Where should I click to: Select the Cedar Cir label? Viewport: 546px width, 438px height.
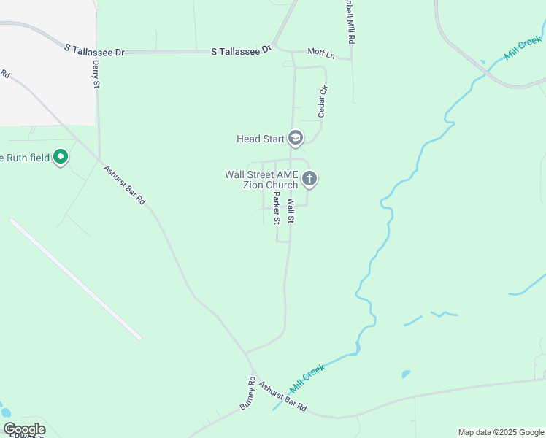(323, 101)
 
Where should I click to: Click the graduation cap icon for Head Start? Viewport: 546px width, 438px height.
(296, 138)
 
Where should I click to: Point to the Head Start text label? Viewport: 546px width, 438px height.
(259, 139)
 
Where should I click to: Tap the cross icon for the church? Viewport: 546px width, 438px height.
(309, 178)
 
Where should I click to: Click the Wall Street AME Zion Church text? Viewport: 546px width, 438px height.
(261, 180)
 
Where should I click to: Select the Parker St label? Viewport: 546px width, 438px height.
(277, 209)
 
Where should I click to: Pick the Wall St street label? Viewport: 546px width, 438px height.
(291, 211)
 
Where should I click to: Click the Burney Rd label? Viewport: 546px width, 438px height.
(247, 392)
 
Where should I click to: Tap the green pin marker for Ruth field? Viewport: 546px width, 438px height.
(61, 157)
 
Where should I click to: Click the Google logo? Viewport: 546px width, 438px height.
(24, 429)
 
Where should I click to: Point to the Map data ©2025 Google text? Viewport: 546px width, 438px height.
(501, 432)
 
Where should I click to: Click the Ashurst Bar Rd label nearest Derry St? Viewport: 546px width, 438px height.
(124, 186)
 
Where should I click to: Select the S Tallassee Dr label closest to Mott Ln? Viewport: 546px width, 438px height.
(241, 50)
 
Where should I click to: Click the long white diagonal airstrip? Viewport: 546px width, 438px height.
(75, 278)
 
